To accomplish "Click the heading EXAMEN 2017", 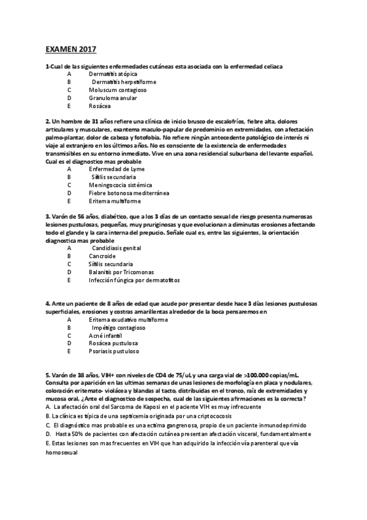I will (x=71, y=49).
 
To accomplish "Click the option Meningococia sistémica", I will (x=121, y=185).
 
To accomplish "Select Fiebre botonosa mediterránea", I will (x=129, y=193).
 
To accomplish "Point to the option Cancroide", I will (x=102, y=256).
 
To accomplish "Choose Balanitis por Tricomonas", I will (x=121, y=272).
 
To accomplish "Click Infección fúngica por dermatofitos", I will (x=134, y=280).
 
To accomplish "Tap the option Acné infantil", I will (x=106, y=335).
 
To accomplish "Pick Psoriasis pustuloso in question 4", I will (x=114, y=351).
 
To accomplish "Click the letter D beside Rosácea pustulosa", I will (x=69, y=343).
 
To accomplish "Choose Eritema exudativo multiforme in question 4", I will (x=119, y=319).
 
